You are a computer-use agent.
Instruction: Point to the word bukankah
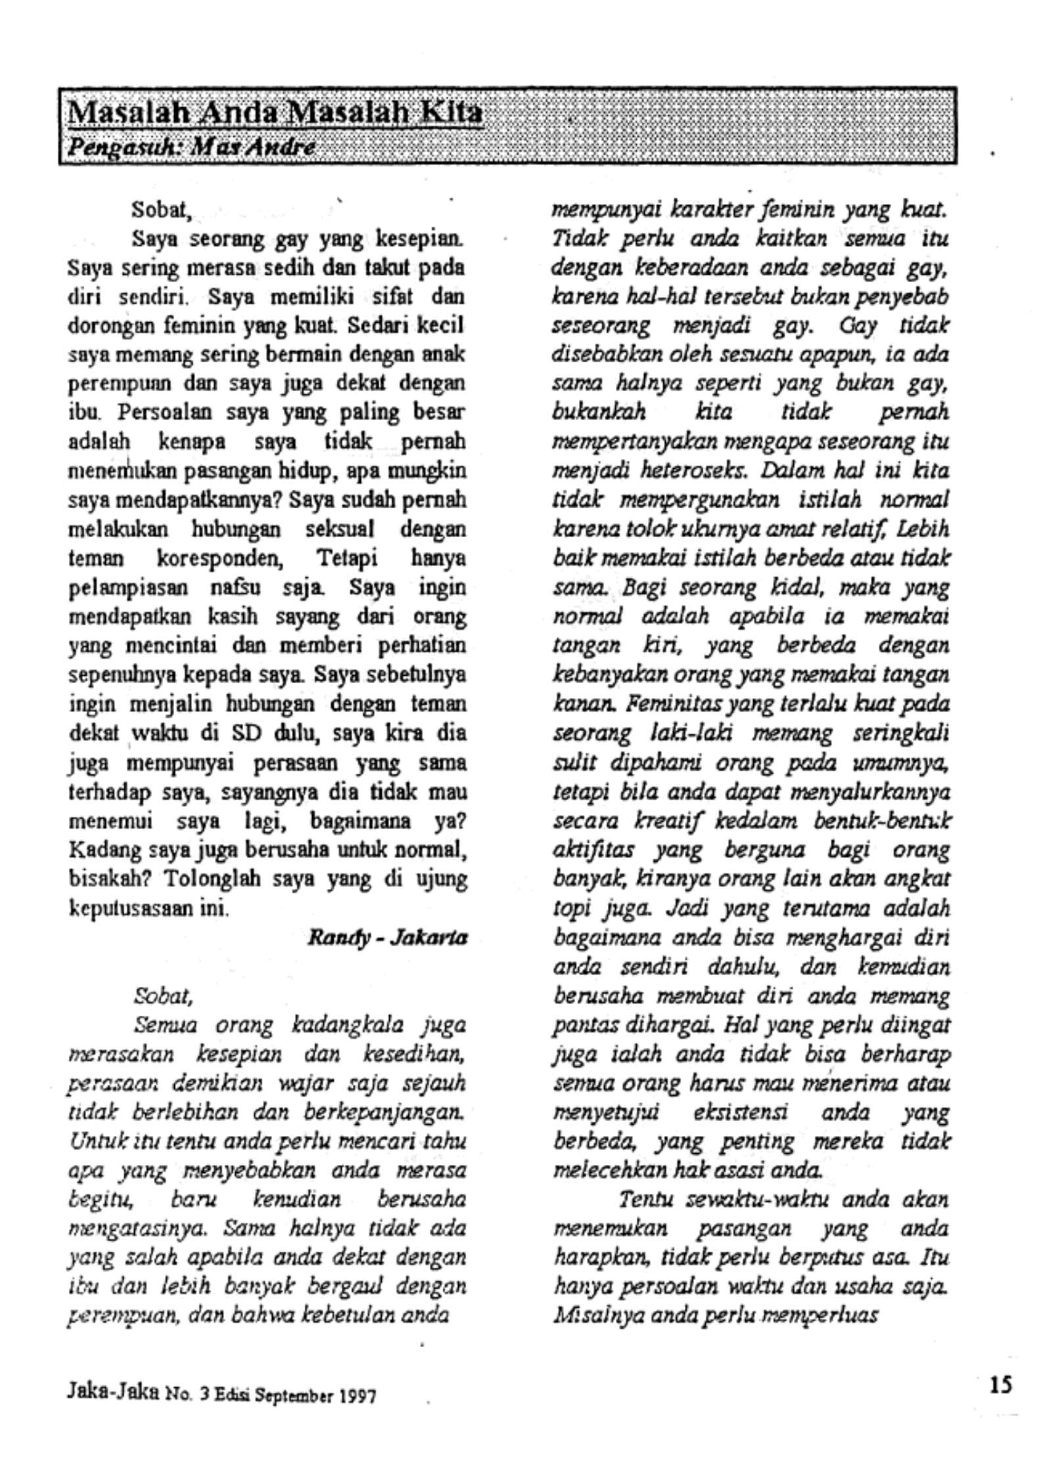(x=599, y=413)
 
